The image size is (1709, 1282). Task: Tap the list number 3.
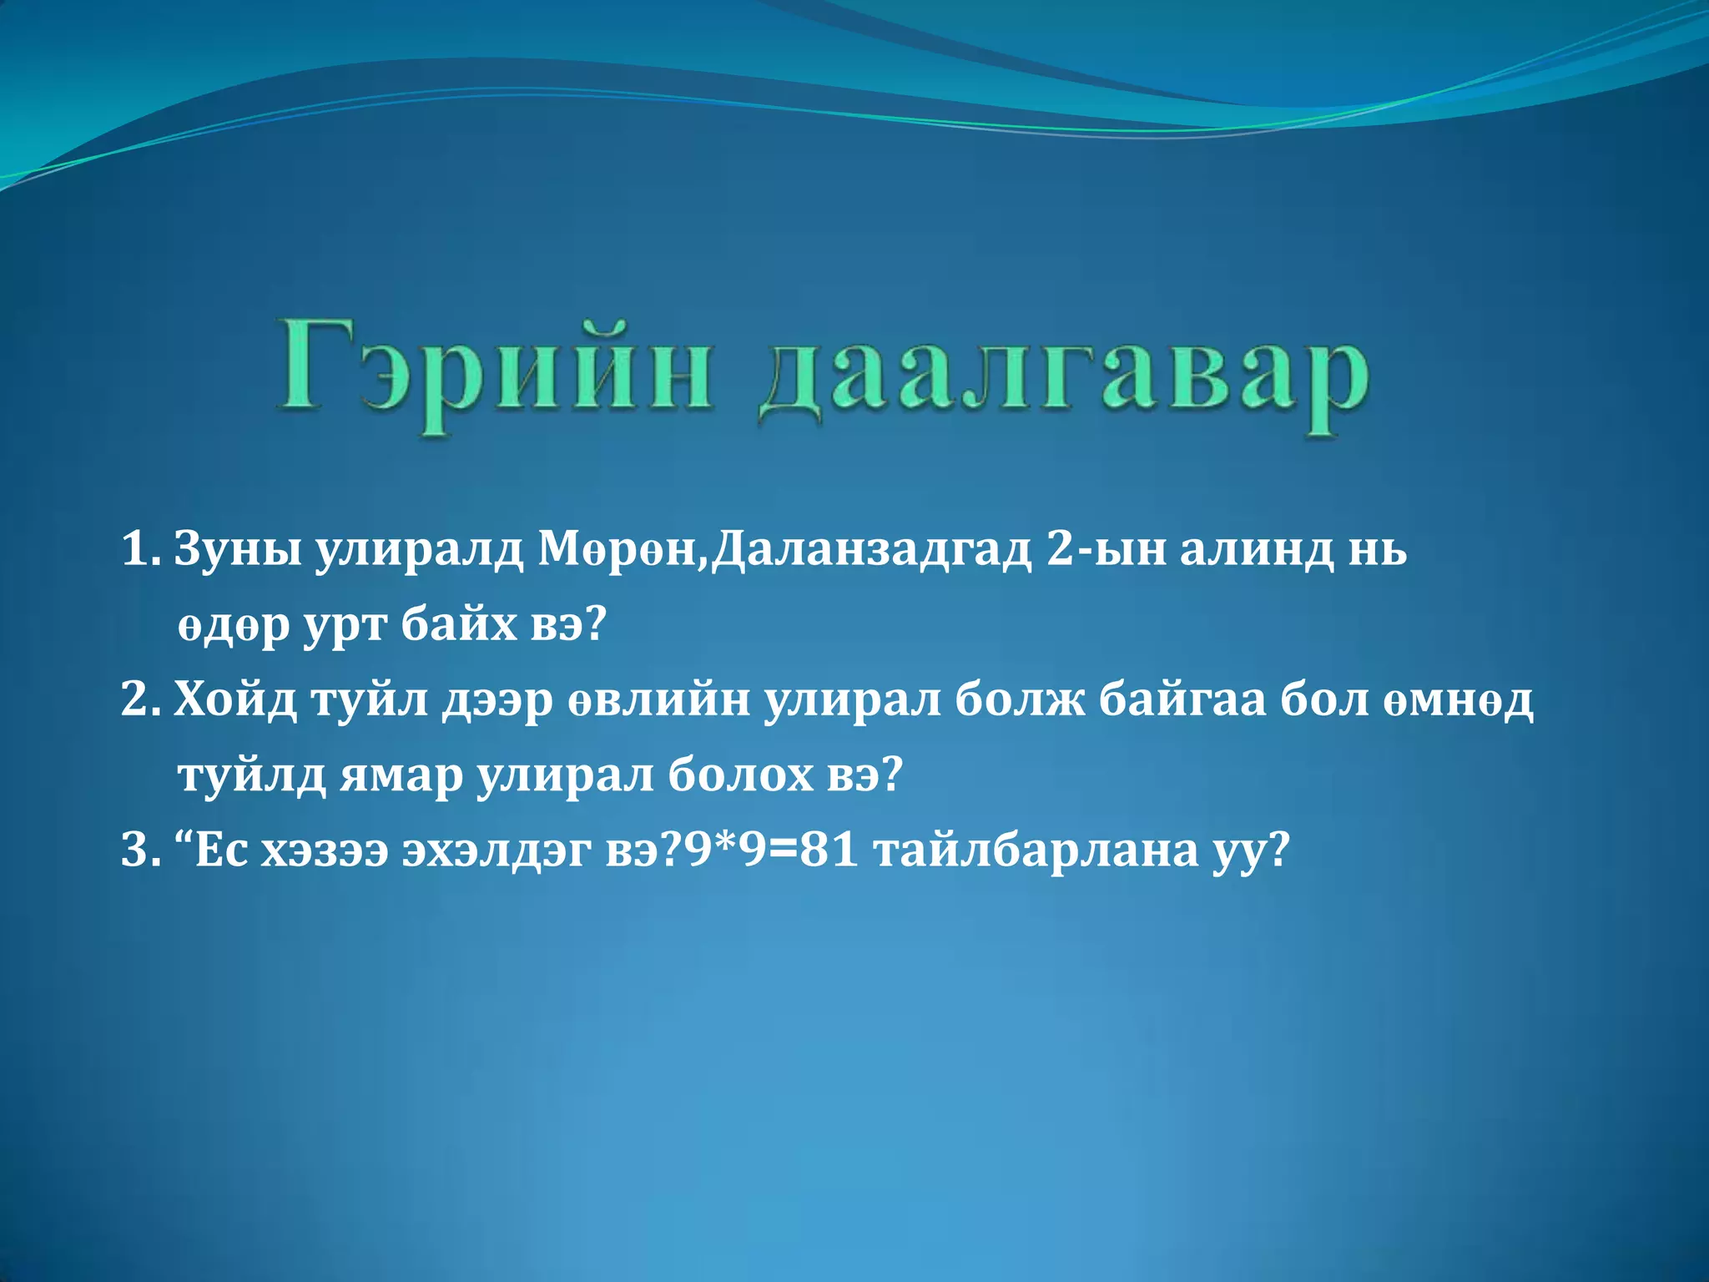pos(138,850)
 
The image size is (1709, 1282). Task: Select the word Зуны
pos(238,550)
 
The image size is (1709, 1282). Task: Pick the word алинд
pos(1253,550)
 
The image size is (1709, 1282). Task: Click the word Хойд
pos(236,699)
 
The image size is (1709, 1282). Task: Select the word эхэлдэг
pos(497,850)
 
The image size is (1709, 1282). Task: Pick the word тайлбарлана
pos(1036,850)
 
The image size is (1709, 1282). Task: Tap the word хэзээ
pos(325,850)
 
